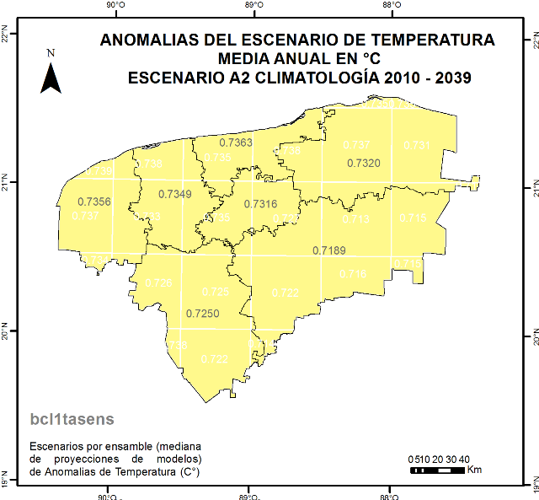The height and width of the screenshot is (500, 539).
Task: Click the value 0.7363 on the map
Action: [x=236, y=142]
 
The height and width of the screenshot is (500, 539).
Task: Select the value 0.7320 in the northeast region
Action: [x=364, y=163]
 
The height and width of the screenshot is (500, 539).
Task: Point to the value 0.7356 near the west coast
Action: [x=93, y=202]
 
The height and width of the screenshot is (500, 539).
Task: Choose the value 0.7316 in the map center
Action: [x=260, y=204]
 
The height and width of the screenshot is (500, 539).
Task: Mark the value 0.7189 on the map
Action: [x=329, y=250]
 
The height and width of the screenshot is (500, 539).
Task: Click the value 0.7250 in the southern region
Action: [x=202, y=314]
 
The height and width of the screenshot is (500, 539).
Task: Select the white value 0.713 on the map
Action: [x=355, y=219]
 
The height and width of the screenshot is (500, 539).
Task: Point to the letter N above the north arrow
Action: [x=51, y=53]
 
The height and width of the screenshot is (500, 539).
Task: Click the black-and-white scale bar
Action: [x=435, y=470]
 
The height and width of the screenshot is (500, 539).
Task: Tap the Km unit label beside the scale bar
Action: [x=474, y=470]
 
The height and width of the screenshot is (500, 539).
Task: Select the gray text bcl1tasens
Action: [x=72, y=418]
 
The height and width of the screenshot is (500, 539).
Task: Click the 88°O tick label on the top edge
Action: [x=391, y=6]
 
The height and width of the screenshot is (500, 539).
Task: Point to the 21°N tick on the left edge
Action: [x=6, y=181]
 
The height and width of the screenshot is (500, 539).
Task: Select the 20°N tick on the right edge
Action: [x=533, y=336]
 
